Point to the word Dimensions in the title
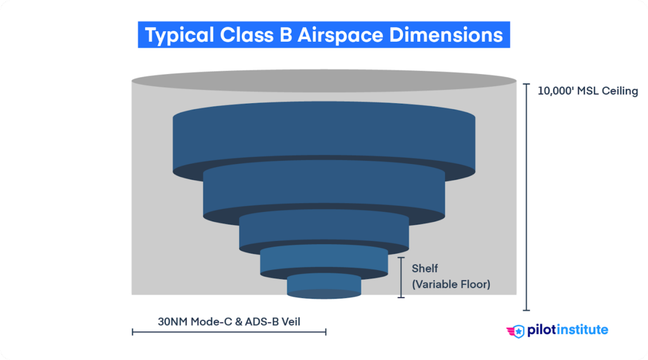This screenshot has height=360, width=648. (445, 35)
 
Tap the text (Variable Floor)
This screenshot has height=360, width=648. (451, 285)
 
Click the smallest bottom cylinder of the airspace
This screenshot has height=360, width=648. (324, 286)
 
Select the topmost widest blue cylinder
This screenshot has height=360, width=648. (324, 139)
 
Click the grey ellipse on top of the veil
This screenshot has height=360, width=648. (324, 81)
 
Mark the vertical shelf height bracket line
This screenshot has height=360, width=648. (401, 277)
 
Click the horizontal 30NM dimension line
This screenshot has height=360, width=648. (228, 332)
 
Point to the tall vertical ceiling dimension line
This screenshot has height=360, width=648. (526, 196)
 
